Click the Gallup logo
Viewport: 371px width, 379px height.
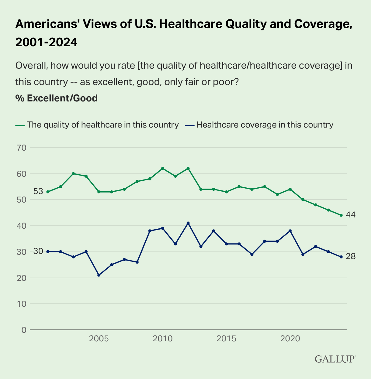coord(335,359)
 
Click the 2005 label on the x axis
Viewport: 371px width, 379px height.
coord(99,339)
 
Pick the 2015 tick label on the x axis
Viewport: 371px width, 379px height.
coord(226,339)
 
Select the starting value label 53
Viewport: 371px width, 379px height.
coord(38,192)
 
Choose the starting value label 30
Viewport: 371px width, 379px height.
coord(38,251)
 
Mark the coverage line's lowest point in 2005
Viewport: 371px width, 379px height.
coord(99,275)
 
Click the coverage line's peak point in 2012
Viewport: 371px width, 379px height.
coord(188,223)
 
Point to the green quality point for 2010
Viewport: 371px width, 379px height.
coord(162,168)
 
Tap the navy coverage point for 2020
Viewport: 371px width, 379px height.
coord(290,231)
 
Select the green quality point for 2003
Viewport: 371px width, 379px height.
coord(73,173)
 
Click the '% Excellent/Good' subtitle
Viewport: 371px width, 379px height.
coord(56,98)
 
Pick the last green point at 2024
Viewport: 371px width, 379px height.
coord(341,215)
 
